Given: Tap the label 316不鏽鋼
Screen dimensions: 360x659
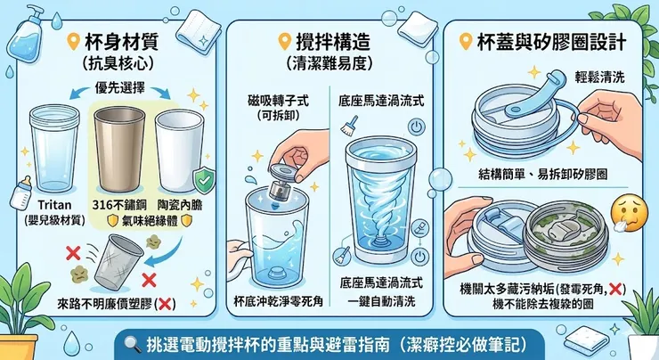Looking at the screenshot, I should (x=121, y=200).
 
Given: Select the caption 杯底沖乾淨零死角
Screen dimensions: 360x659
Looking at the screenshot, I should (x=276, y=300).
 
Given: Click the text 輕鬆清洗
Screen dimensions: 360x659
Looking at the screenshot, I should (x=602, y=78).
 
